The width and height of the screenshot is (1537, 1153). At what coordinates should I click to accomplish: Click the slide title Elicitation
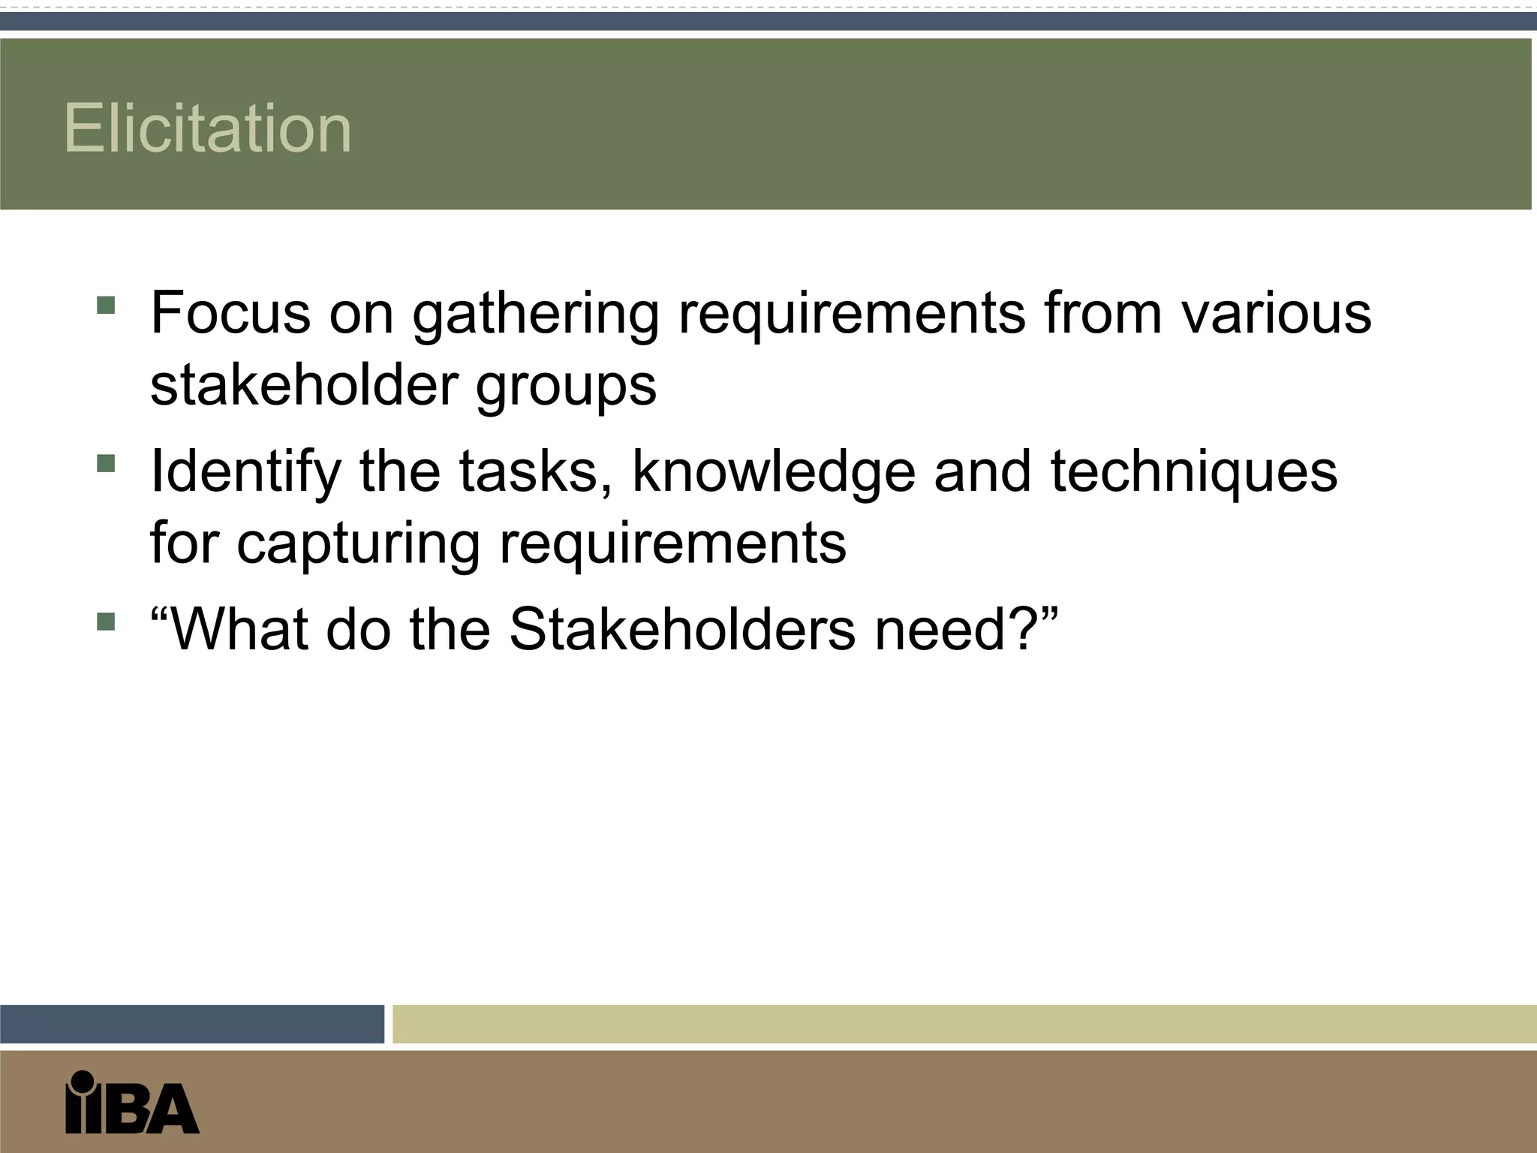pos(207,128)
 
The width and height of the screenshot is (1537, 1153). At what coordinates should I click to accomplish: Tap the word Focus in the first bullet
pos(230,312)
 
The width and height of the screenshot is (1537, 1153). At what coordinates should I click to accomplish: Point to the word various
pos(1276,312)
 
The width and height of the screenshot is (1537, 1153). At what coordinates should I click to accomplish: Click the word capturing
pos(358,545)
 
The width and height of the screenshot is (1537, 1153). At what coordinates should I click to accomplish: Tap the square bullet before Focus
pos(106,305)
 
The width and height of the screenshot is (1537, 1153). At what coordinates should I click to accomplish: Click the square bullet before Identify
pos(106,463)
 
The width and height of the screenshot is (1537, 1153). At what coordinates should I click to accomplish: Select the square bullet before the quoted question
pos(106,622)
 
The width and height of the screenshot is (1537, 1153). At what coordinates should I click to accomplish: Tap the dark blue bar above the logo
pos(191,1024)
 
